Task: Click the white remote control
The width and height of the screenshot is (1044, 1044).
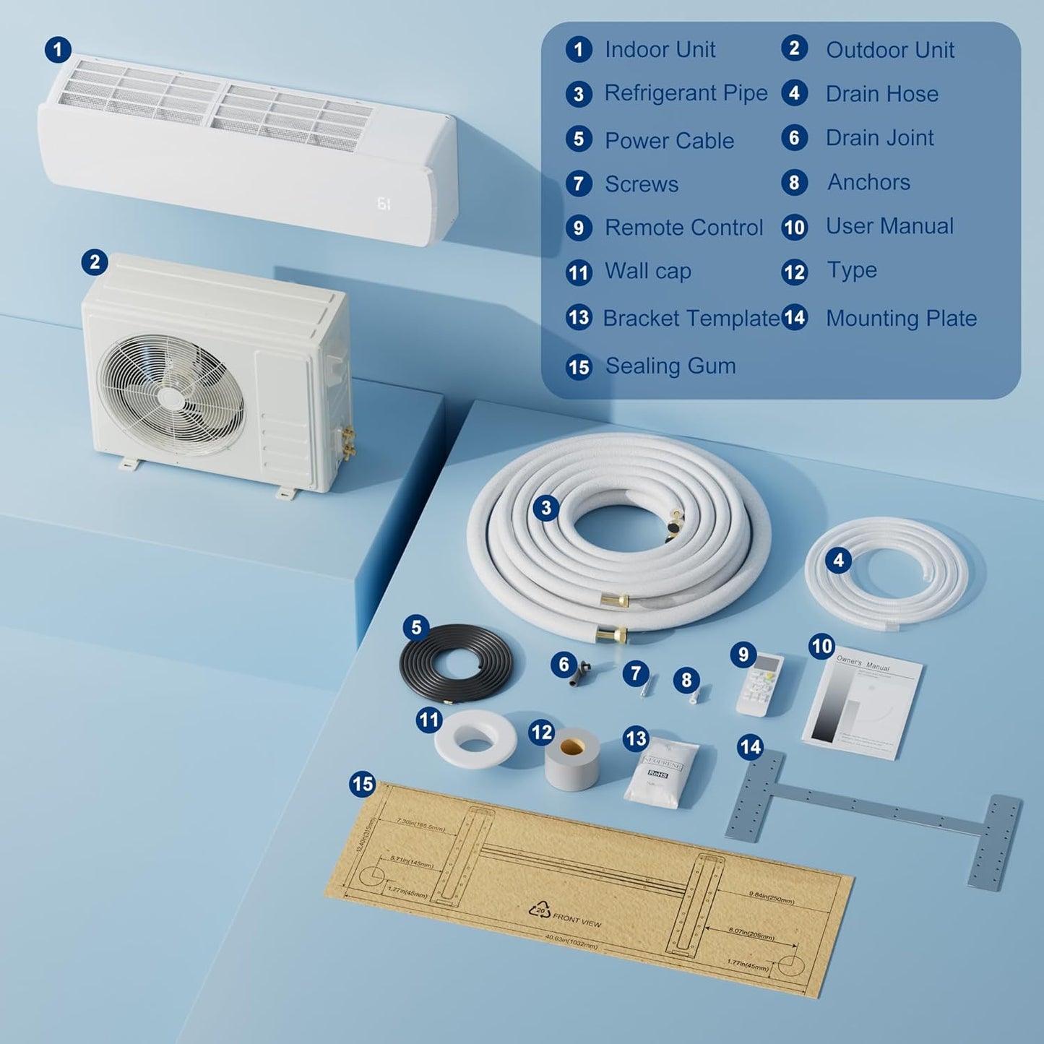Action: (759, 685)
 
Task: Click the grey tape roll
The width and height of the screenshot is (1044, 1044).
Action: (572, 760)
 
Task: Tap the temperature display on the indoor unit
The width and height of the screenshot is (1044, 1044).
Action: (384, 204)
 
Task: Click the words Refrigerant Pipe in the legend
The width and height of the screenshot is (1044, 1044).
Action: (686, 93)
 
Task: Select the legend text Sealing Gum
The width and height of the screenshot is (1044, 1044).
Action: (670, 366)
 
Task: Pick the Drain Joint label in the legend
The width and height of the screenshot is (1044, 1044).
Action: (879, 138)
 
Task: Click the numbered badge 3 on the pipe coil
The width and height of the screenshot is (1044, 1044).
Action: (546, 508)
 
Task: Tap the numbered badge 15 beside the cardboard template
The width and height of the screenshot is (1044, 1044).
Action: (363, 784)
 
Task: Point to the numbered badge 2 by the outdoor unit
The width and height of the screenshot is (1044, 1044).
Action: (95, 262)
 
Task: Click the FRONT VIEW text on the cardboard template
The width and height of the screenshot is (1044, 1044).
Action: (577, 921)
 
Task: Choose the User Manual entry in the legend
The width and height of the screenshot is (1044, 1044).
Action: (889, 226)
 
